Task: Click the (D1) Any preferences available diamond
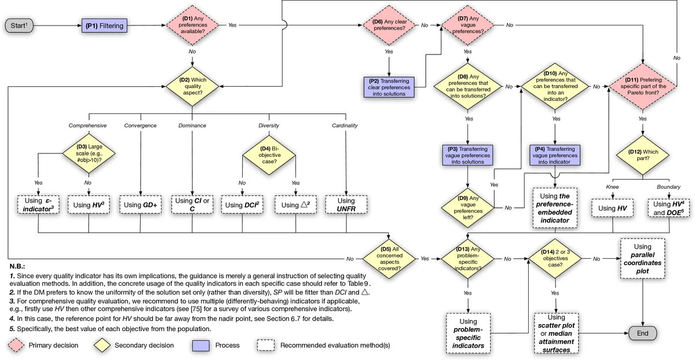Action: [x=192, y=25]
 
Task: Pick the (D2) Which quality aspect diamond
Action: [x=192, y=87]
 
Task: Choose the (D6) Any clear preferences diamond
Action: [x=389, y=25]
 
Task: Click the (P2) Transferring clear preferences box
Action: [x=389, y=87]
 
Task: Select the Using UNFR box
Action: [x=346, y=204]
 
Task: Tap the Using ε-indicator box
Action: [x=39, y=204]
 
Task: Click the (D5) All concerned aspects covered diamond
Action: [x=389, y=258]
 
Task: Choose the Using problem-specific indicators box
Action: [x=467, y=333]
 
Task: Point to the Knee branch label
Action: [x=613, y=187]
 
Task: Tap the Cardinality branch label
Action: [x=345, y=125]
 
